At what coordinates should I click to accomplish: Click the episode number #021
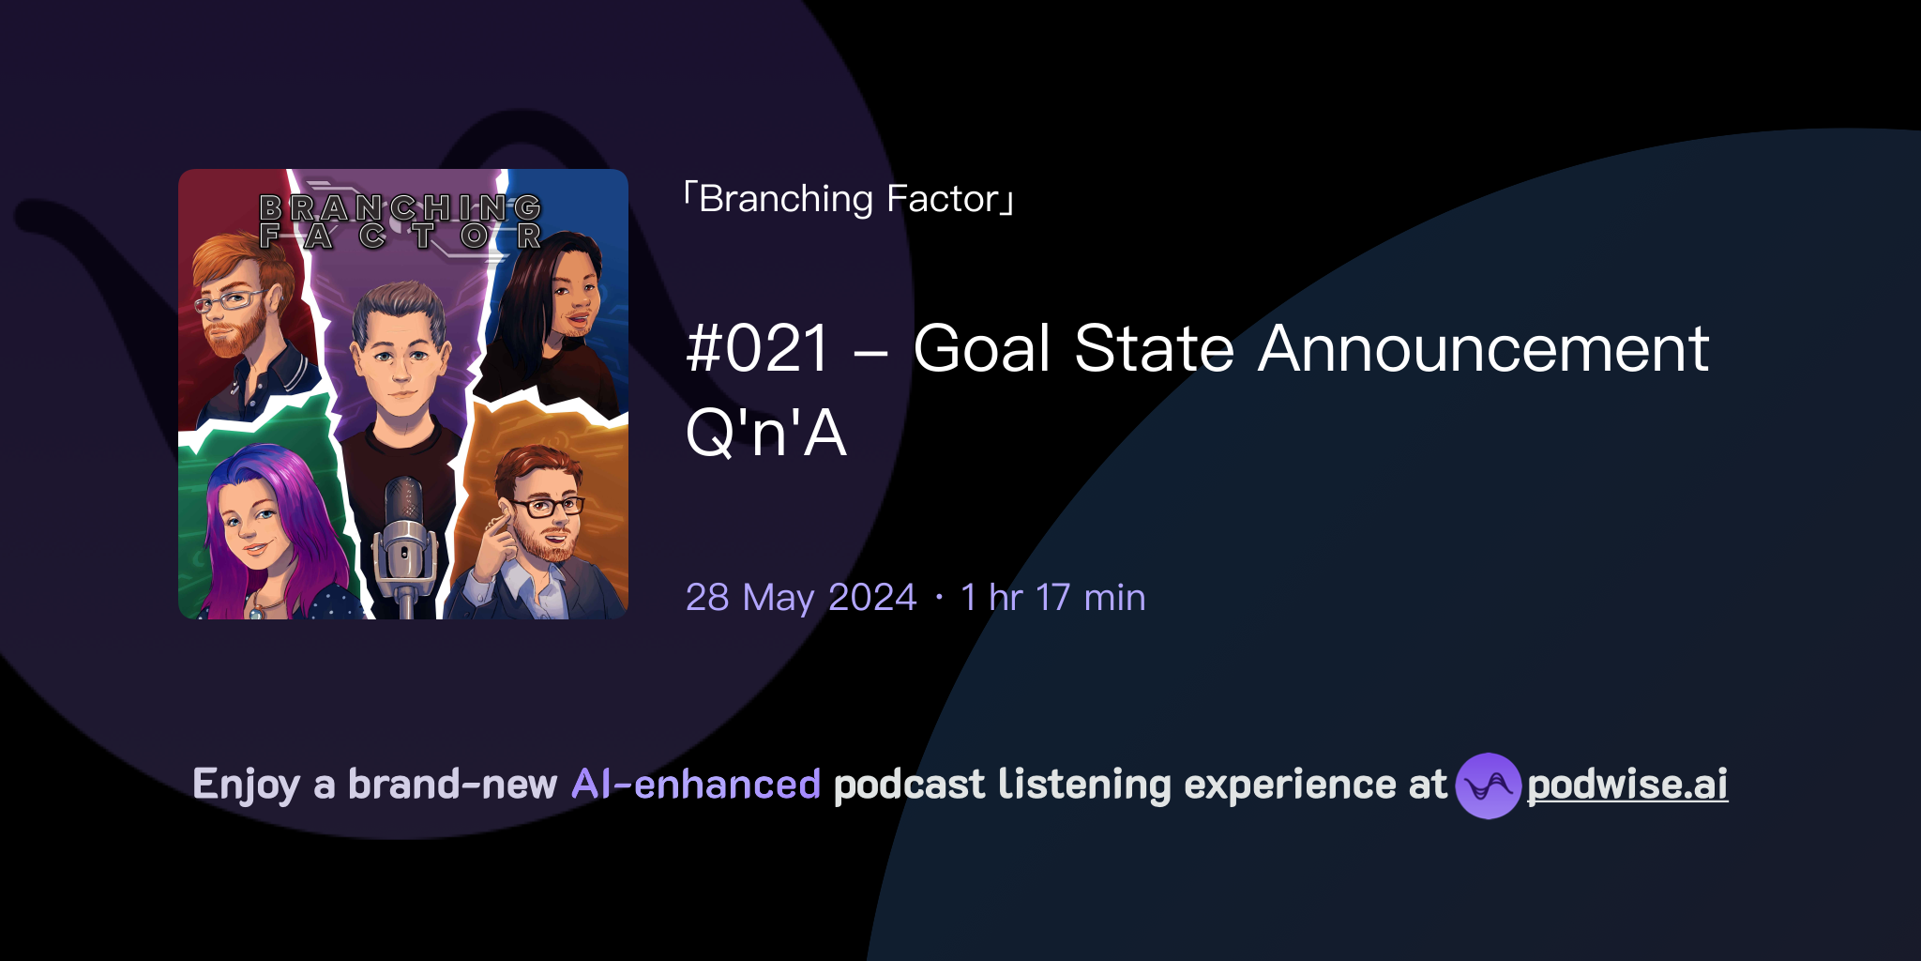758,349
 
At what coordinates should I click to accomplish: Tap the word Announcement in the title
1483,349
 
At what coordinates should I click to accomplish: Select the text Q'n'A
765,434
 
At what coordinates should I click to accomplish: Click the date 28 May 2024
800,598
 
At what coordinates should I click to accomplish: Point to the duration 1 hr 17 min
1052,598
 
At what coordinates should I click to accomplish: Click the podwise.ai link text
1626,785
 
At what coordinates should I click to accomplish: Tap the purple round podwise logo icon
1488,786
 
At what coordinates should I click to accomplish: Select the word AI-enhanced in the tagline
696,785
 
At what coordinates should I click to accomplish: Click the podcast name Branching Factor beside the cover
849,199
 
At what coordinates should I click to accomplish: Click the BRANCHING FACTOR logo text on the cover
401,221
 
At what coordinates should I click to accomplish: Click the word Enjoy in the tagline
246,785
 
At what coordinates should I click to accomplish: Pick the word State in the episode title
1154,349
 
